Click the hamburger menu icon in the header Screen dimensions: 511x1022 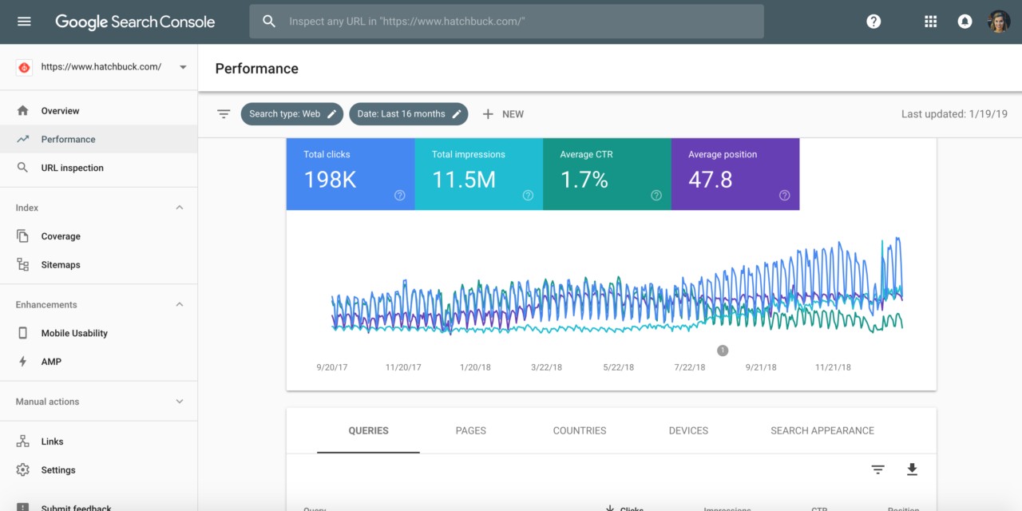click(24, 22)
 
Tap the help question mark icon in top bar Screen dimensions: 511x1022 click(873, 22)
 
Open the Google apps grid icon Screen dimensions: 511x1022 click(930, 22)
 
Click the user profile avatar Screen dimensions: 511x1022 click(999, 22)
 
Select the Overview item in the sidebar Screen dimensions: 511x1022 click(60, 111)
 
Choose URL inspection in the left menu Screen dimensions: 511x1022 click(72, 168)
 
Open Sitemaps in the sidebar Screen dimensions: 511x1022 click(61, 265)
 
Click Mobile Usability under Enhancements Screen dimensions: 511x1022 click(74, 333)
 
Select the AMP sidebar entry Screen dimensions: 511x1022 click(51, 362)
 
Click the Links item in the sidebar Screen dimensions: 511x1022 click(52, 442)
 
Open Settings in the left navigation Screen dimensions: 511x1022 click(58, 470)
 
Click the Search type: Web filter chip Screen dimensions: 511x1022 click(291, 114)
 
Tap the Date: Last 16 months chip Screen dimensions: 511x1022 click(408, 114)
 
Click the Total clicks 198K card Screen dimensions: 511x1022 click(350, 174)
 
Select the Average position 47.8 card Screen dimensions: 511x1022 click(735, 174)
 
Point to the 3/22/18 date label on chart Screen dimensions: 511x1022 click(546, 367)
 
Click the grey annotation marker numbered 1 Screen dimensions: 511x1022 click(723, 350)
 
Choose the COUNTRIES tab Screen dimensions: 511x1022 click(579, 430)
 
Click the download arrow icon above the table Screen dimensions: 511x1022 click(912, 469)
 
